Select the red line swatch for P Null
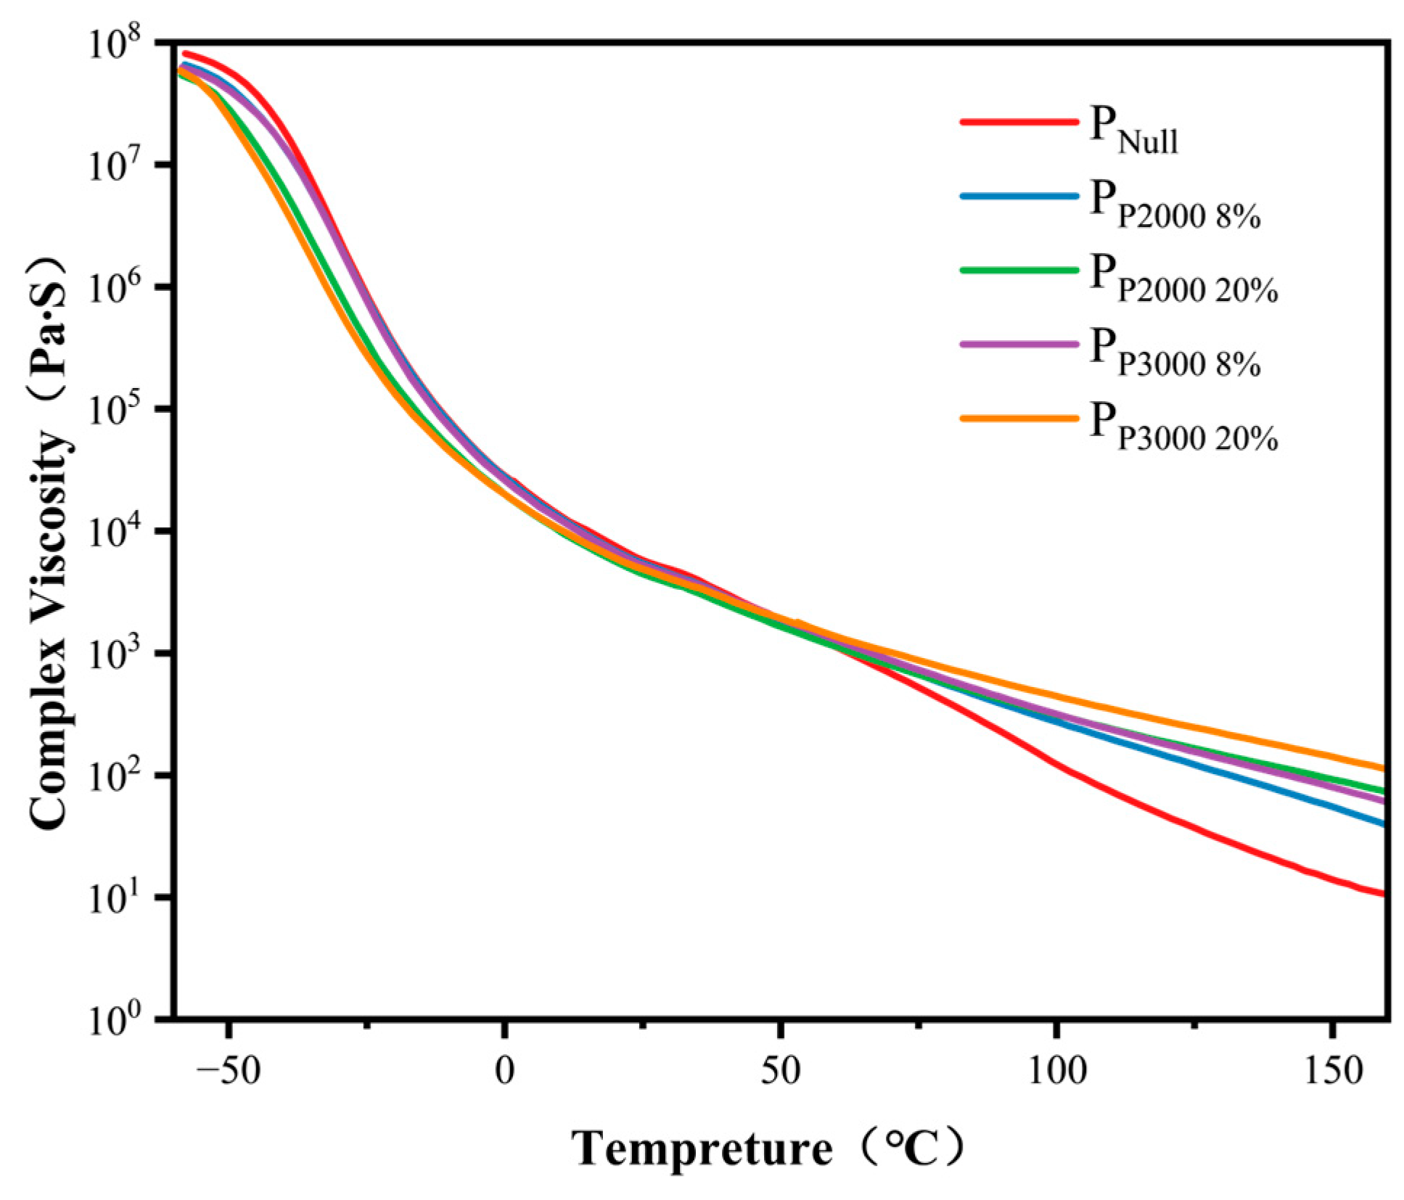click(1018, 122)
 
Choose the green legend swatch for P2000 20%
click(1018, 270)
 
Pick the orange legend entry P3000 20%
click(1183, 428)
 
